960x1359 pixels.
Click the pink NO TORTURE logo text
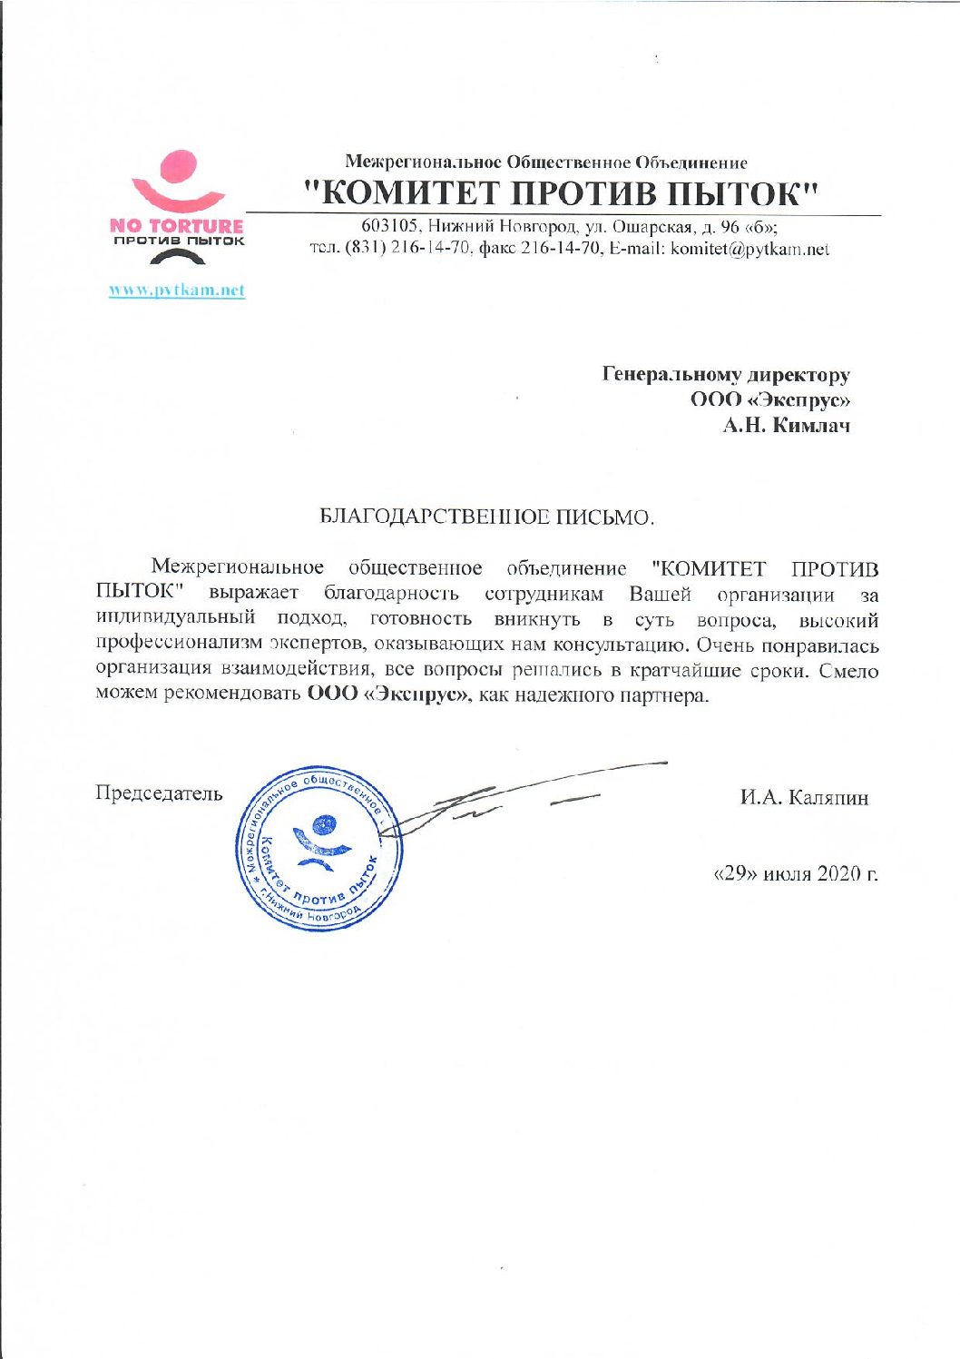tap(177, 226)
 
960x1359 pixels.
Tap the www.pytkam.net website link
tap(177, 291)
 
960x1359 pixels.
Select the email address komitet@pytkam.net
tap(749, 250)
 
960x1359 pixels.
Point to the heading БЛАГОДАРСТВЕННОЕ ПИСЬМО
tap(486, 518)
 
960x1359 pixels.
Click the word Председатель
tap(159, 793)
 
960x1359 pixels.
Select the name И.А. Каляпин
tap(804, 798)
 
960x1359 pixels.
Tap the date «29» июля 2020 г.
tap(797, 874)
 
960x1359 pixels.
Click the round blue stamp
tap(318, 850)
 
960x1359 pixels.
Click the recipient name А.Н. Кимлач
tap(786, 425)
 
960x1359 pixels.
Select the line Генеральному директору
tap(726, 374)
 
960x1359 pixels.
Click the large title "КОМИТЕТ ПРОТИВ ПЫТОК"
tap(563, 192)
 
